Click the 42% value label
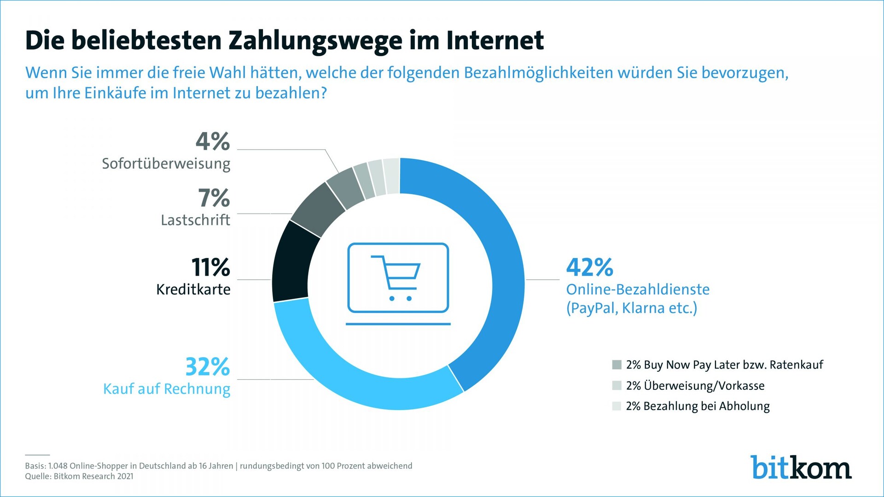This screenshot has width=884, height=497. [x=589, y=267]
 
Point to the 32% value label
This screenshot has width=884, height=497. [x=207, y=367]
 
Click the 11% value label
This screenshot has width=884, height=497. [x=210, y=267]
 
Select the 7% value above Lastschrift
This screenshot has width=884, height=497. [x=214, y=198]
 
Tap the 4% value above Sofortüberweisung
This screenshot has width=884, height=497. [x=212, y=141]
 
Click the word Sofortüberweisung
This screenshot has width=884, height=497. [x=166, y=164]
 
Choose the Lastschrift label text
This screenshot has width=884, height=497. [x=195, y=220]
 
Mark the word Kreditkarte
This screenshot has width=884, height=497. [x=193, y=289]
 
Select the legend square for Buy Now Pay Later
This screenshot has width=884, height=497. [x=617, y=365]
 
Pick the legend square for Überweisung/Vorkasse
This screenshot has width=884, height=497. [x=617, y=386]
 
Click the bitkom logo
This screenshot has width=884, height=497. [x=801, y=468]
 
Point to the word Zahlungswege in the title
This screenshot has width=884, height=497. [x=315, y=40]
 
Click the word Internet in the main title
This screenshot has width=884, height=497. [x=494, y=40]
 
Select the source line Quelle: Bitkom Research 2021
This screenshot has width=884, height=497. [x=79, y=476]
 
